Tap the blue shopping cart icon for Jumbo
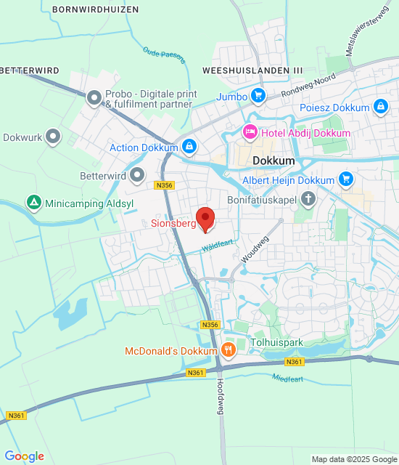[x=258, y=95]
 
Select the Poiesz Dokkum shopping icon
[x=380, y=108]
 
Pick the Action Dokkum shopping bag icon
[x=189, y=147]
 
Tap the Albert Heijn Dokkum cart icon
[x=345, y=179]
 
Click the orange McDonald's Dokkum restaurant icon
[x=229, y=350]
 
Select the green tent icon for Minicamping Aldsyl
[x=33, y=201]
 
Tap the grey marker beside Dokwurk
[x=53, y=136]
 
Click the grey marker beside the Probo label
[x=94, y=97]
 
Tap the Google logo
[x=24, y=456]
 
